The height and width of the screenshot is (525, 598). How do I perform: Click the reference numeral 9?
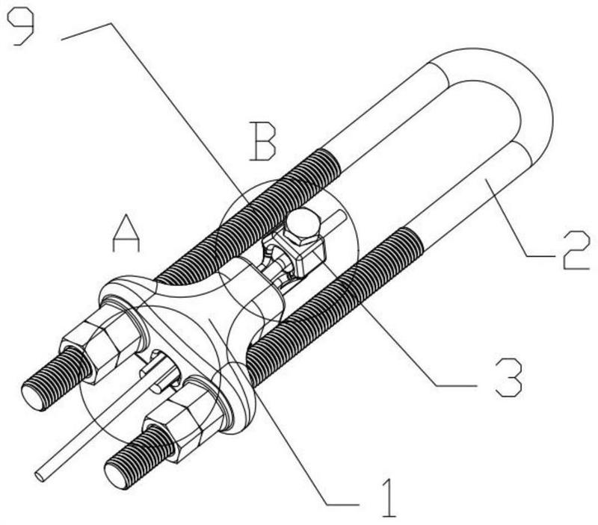point(21,27)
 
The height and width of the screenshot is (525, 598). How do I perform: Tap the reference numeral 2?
point(576,250)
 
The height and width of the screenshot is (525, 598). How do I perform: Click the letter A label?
point(126,233)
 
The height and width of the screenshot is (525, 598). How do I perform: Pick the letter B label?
point(262,141)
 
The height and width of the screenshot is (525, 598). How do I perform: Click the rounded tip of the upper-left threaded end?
point(31,397)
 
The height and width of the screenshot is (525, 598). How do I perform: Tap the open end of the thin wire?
point(40,476)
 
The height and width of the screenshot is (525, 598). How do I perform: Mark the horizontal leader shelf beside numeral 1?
point(342,505)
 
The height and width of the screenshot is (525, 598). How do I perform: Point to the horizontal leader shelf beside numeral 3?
point(456,386)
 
